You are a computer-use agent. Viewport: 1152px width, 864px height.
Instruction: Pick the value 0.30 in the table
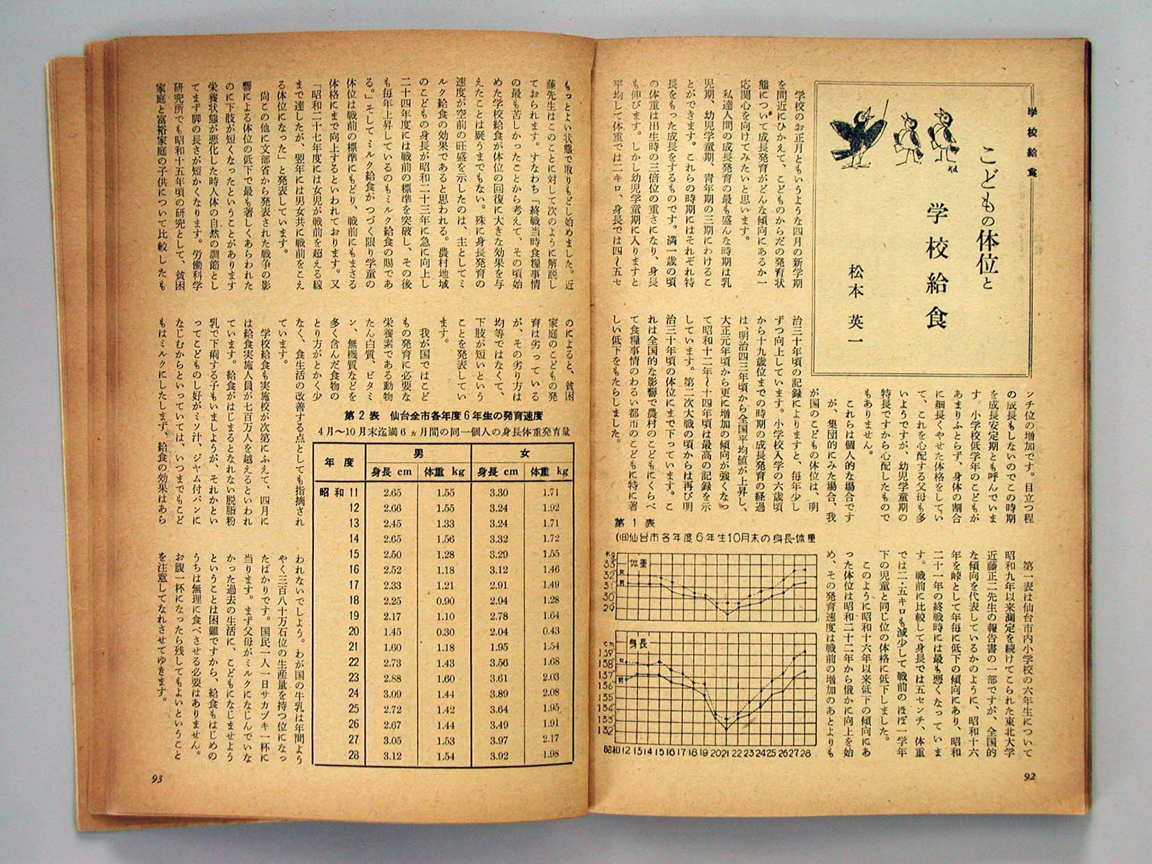click(x=443, y=631)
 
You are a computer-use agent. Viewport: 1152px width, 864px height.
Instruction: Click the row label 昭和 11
click(x=339, y=492)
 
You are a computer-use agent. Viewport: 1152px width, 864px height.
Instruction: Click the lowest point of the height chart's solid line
click(x=726, y=728)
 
